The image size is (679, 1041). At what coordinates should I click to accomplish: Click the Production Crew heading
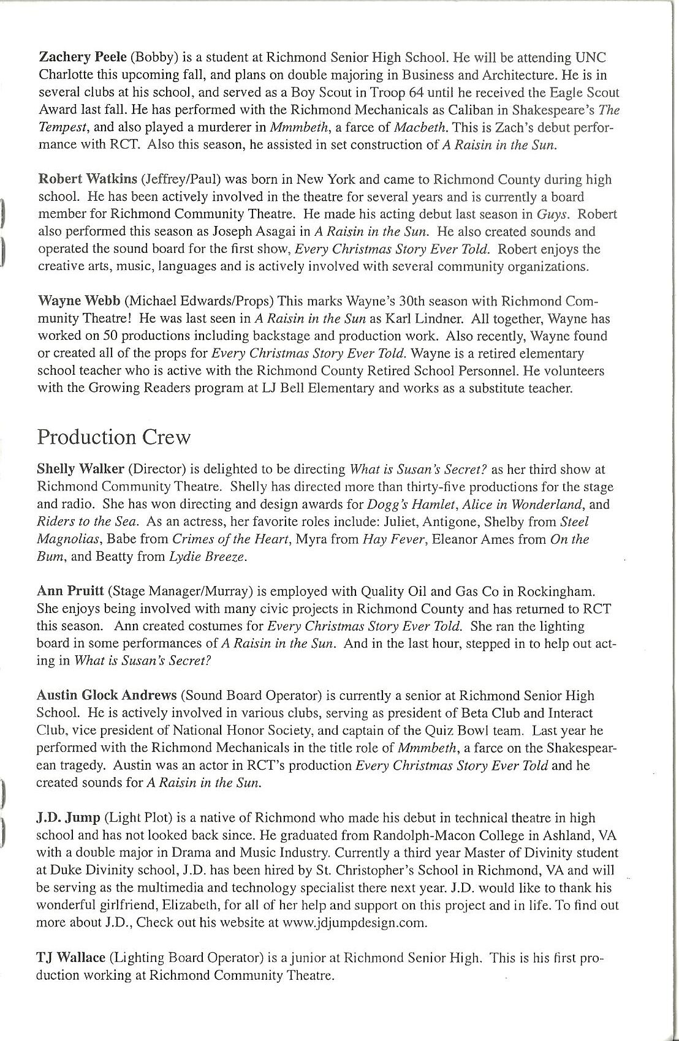(x=114, y=437)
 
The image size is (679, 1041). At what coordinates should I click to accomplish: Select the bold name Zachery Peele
(x=82, y=58)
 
